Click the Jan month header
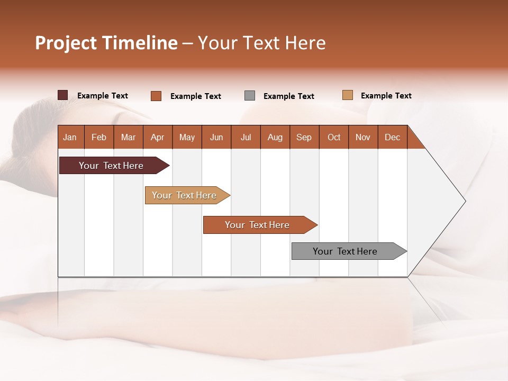click(x=70, y=137)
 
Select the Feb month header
click(x=99, y=137)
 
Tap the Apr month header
click(x=157, y=137)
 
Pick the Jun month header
click(x=216, y=137)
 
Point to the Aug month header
click(x=275, y=137)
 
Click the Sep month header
click(x=304, y=137)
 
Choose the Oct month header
click(x=333, y=137)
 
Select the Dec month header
click(x=392, y=137)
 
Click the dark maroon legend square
click(x=62, y=95)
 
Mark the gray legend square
click(x=250, y=96)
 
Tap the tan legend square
click(x=347, y=95)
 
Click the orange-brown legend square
click(x=156, y=96)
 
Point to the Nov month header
click(x=362, y=137)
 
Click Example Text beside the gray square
click(x=288, y=96)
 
